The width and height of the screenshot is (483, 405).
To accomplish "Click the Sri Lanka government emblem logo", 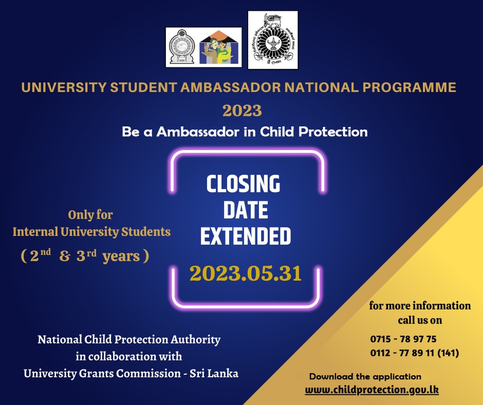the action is tap(182, 47).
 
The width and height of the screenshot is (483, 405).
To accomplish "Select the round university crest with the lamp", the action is tap(273, 40).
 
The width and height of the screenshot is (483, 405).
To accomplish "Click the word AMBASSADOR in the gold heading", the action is tap(230, 87).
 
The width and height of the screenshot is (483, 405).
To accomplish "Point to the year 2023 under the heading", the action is tap(242, 111).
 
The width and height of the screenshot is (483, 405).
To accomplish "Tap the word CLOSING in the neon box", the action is tap(244, 183).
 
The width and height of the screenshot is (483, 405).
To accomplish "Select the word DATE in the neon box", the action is tap(246, 210).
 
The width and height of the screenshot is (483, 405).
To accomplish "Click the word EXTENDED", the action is tap(246, 236).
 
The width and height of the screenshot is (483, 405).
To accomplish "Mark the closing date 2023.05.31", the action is tap(246, 273).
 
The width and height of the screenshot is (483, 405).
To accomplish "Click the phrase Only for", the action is tap(90, 215).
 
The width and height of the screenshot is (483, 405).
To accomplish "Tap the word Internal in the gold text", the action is tap(35, 232).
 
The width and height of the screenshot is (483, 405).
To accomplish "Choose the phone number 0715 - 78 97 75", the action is tap(403, 339).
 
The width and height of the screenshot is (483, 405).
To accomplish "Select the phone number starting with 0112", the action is tap(415, 353).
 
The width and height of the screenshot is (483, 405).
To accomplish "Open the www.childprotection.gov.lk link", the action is tap(372, 390).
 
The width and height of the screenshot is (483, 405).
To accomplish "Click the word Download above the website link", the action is tap(331, 376).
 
